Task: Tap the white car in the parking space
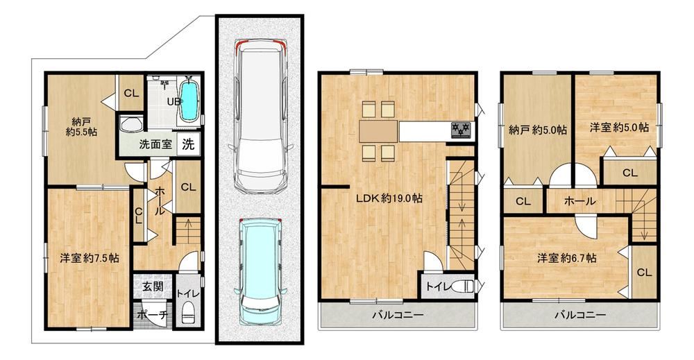pyautogui.click(x=260, y=115)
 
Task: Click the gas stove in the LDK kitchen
pyautogui.click(x=462, y=130)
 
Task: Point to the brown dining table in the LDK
pyautogui.click(x=378, y=131)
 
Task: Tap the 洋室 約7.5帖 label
pyautogui.click(x=90, y=258)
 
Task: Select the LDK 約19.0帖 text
pyautogui.click(x=389, y=198)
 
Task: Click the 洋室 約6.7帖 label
pyautogui.click(x=567, y=258)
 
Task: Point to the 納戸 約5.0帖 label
pyautogui.click(x=538, y=130)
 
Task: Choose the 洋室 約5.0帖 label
pyautogui.click(x=619, y=128)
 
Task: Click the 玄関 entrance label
pyautogui.click(x=153, y=286)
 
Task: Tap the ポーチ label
pyautogui.click(x=153, y=315)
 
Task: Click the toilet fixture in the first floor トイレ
pyautogui.click(x=189, y=313)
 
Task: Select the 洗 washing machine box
pyautogui.click(x=189, y=144)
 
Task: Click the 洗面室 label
pyautogui.click(x=155, y=144)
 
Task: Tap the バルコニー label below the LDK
pyautogui.click(x=398, y=316)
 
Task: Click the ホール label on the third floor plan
pyautogui.click(x=579, y=201)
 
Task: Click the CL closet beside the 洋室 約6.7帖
pyautogui.click(x=645, y=272)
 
